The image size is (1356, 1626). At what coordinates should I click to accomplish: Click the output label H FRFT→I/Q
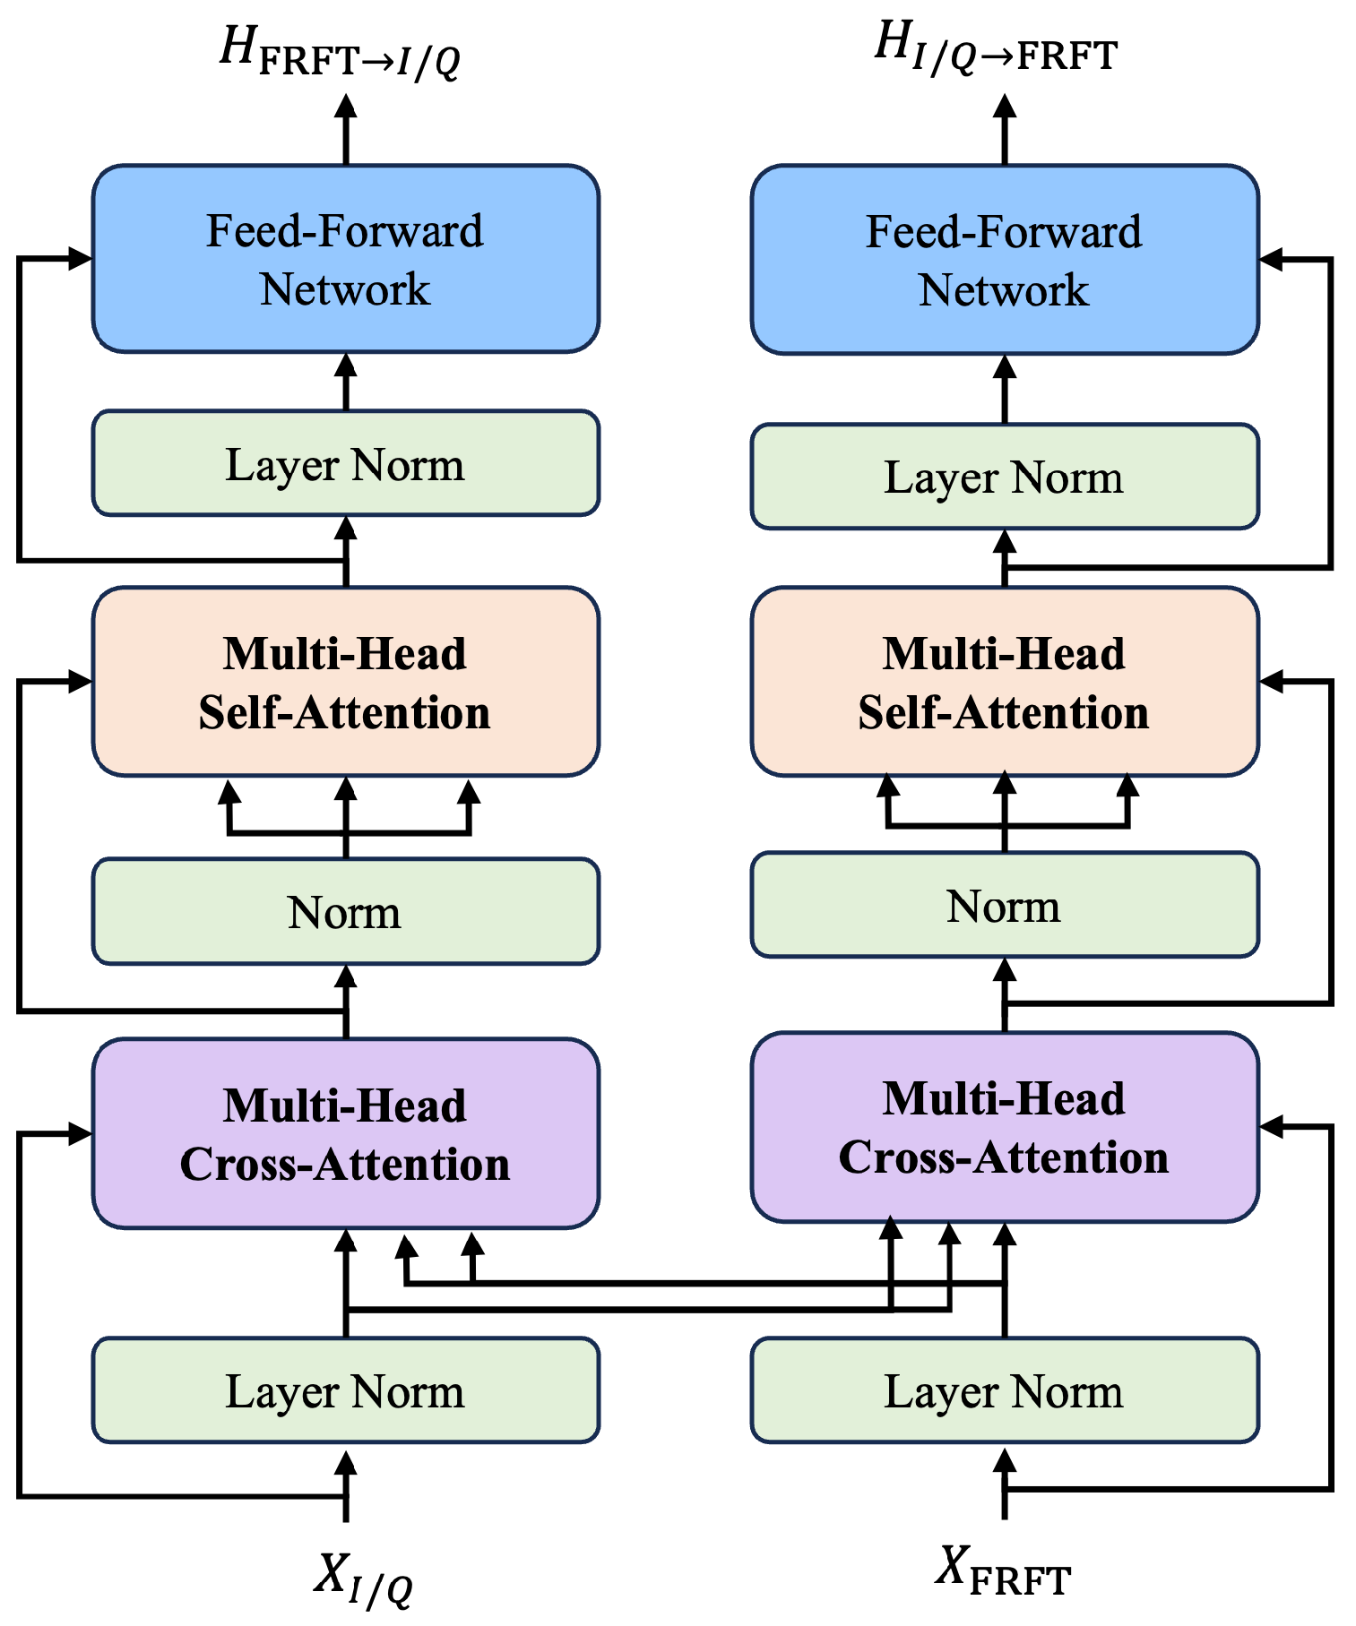tap(341, 52)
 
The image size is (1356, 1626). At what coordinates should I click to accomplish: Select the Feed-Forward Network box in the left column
tap(345, 259)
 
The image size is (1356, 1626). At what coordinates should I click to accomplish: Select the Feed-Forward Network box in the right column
tap(1004, 260)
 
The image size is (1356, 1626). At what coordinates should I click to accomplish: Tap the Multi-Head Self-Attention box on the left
tap(345, 682)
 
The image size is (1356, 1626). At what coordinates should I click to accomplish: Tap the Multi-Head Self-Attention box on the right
tap(1004, 682)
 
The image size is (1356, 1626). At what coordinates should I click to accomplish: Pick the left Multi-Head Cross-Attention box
tap(345, 1133)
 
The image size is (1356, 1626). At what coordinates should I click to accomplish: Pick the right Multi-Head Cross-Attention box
tap(1004, 1127)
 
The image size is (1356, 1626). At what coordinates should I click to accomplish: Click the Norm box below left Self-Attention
tap(345, 912)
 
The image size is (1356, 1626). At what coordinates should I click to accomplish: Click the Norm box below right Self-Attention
tap(1004, 906)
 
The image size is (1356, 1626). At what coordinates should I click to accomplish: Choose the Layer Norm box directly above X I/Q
tap(345, 1390)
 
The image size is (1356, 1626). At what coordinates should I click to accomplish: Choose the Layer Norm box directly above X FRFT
tap(1004, 1390)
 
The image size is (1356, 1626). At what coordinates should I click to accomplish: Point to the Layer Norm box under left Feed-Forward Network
tap(345, 464)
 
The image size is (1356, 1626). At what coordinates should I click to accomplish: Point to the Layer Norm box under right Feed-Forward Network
tap(1004, 477)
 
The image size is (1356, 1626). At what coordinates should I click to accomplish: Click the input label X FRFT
tap(1002, 1572)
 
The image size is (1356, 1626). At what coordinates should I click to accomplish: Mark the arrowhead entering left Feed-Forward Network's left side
tap(81, 259)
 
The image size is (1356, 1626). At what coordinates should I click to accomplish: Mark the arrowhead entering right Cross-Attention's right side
tap(1272, 1127)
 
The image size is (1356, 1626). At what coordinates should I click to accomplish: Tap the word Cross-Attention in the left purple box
tap(345, 1165)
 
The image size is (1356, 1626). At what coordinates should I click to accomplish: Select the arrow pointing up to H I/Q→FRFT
tap(1005, 125)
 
